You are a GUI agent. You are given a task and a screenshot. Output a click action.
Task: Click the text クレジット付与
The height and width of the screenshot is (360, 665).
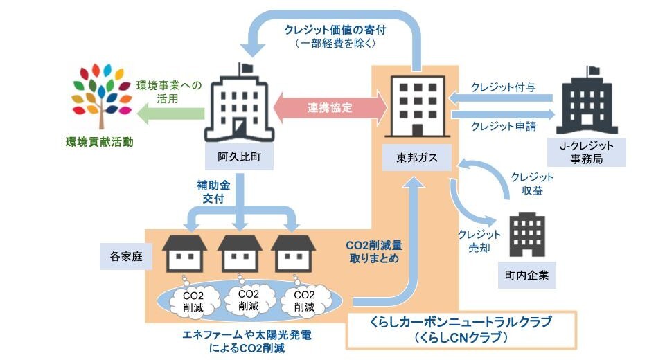click(x=502, y=87)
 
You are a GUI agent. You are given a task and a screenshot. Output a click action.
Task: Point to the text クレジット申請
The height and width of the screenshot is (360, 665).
click(x=502, y=126)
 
